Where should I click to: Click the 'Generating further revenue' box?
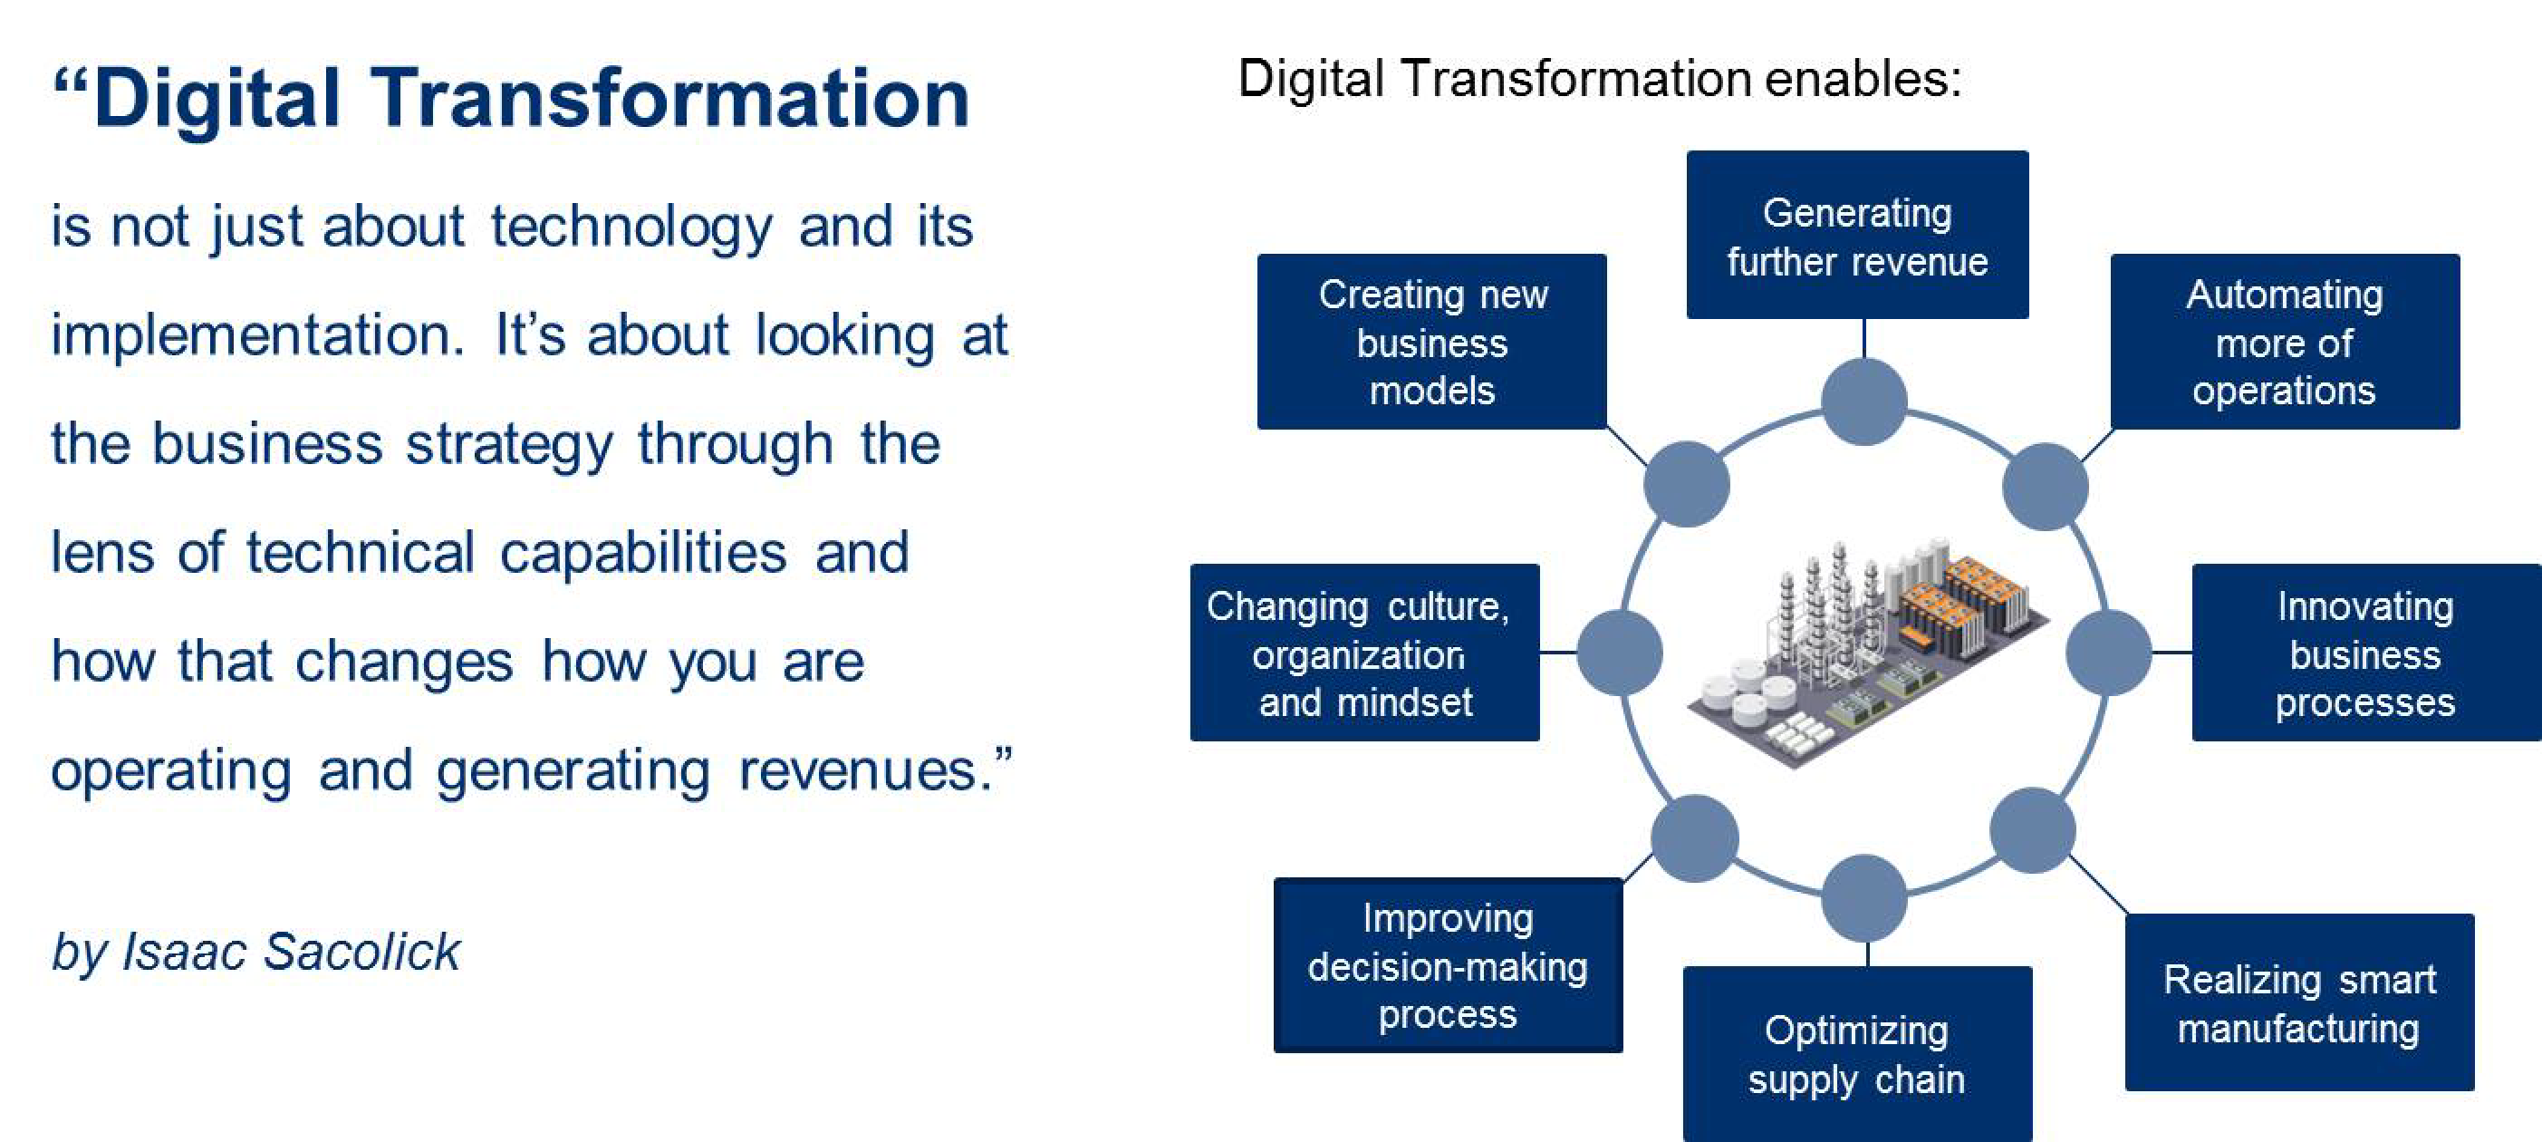(x=1857, y=235)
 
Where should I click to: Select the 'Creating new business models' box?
(x=1432, y=342)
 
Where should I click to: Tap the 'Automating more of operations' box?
(x=2285, y=342)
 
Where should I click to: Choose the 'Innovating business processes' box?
(x=2366, y=653)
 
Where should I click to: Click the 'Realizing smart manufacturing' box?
(x=2299, y=1002)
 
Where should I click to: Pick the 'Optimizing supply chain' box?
(x=1857, y=1054)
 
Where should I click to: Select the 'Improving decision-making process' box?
(x=1448, y=965)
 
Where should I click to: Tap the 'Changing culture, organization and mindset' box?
(x=1364, y=653)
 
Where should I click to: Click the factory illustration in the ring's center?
(x=1868, y=652)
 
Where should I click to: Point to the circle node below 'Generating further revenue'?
(x=1864, y=402)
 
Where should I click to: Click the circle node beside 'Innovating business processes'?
(x=2109, y=653)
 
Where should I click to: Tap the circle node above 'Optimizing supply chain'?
(x=1864, y=898)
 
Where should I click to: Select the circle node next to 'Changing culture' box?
(x=1620, y=653)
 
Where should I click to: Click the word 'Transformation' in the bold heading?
(x=670, y=99)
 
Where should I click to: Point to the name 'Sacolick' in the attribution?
(x=362, y=953)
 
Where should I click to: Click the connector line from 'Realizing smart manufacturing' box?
(x=2098, y=885)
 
